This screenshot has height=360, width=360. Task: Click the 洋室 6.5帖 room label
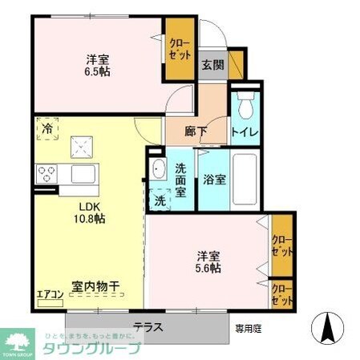pyautogui.click(x=99, y=64)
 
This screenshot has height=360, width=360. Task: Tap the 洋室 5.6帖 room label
pyautogui.click(x=210, y=261)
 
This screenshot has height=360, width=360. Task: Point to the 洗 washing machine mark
pyautogui.click(x=160, y=200)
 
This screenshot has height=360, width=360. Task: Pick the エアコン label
pyautogui.click(x=51, y=293)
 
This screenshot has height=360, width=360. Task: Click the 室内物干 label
pyautogui.click(x=95, y=285)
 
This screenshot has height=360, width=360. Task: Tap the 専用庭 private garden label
pyautogui.click(x=248, y=327)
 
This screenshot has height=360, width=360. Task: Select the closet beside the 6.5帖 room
pyautogui.click(x=180, y=49)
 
